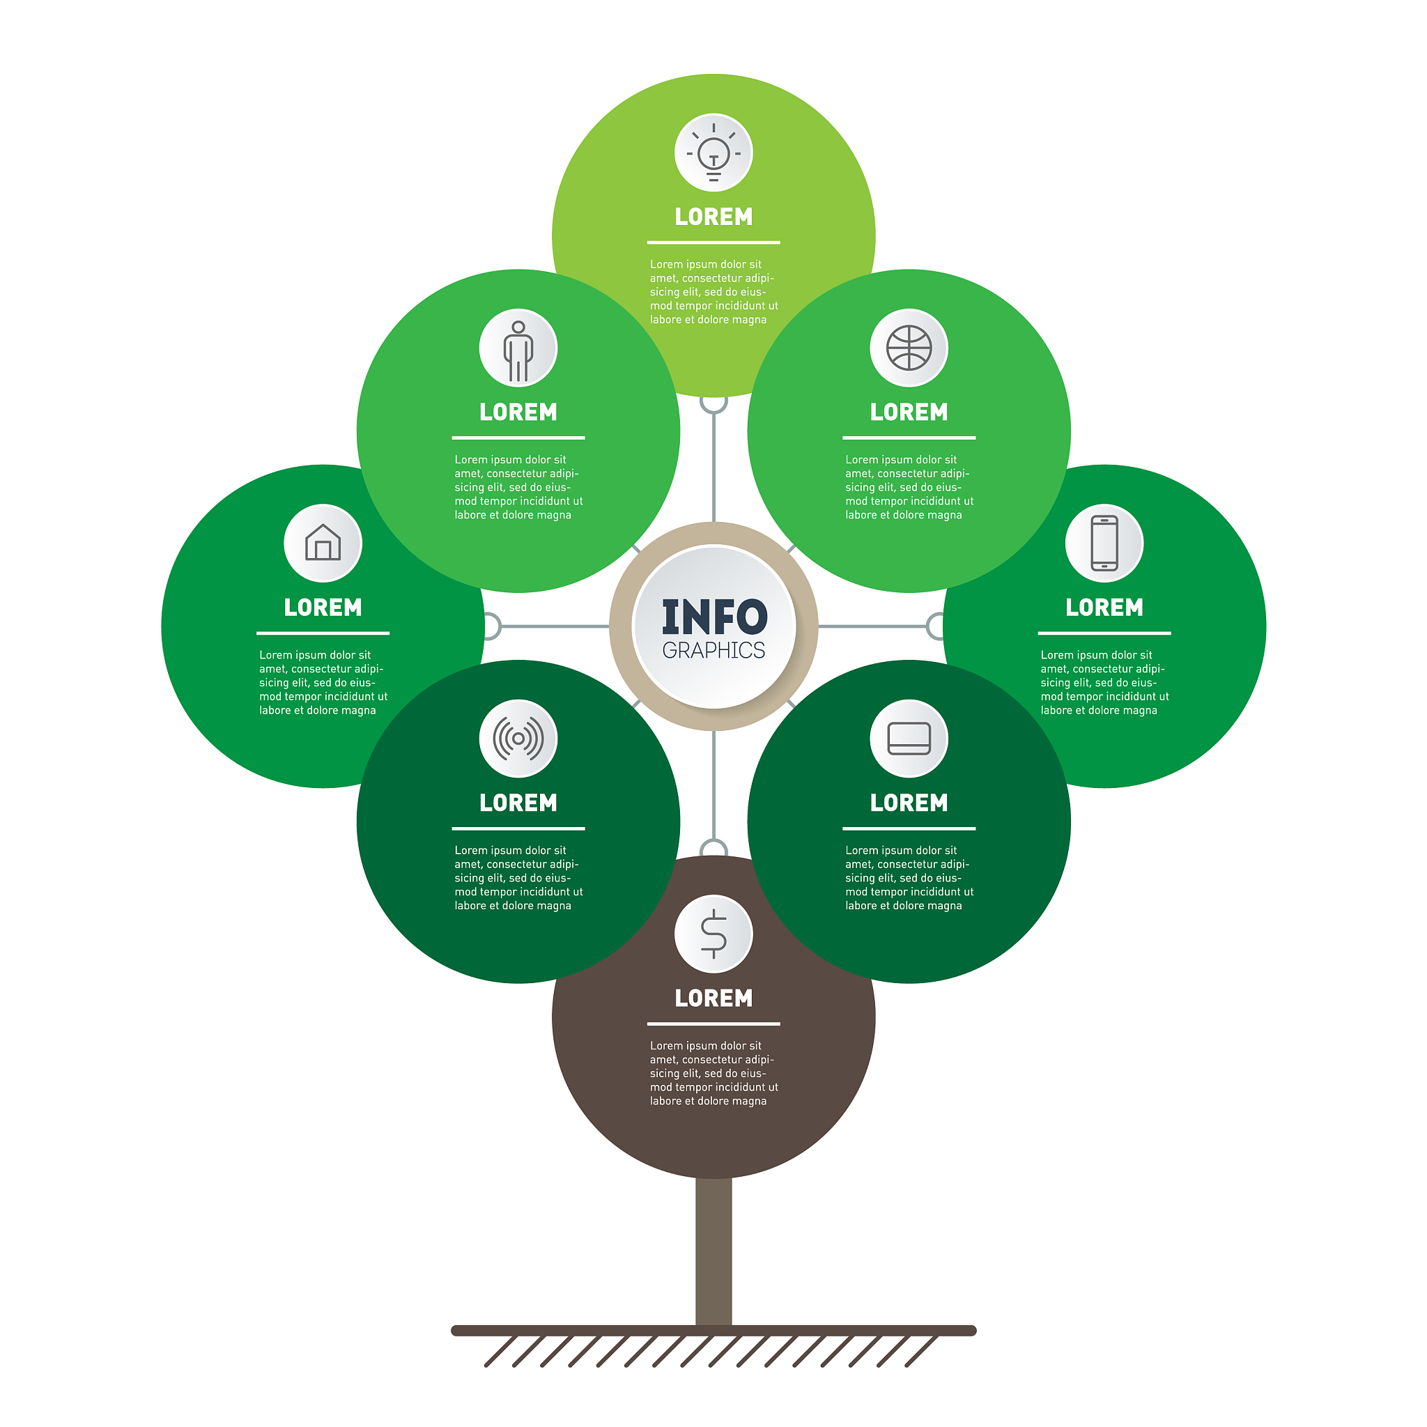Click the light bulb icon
713,153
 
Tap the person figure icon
518,348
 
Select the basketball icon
909,348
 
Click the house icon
323,543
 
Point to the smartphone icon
1104,543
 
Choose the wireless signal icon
518,739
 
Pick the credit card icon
909,739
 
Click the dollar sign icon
713,934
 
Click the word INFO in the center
714,617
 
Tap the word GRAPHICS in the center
713,651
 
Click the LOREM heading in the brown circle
713,998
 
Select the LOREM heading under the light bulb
713,217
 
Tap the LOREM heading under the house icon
323,607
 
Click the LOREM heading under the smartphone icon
1104,607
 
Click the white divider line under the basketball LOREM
909,438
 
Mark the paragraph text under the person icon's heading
518,488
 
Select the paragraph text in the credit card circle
909,878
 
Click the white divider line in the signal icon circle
518,828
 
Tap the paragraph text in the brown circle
713,1073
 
